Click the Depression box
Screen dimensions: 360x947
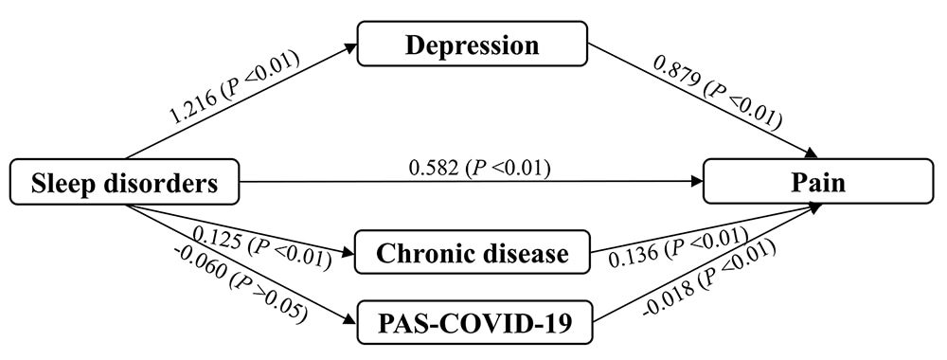[471, 45]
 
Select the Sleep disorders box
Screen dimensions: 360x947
[124, 183]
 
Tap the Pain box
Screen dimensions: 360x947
[820, 183]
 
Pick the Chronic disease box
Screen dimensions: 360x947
[473, 254]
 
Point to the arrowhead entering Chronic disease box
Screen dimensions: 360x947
[349, 254]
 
